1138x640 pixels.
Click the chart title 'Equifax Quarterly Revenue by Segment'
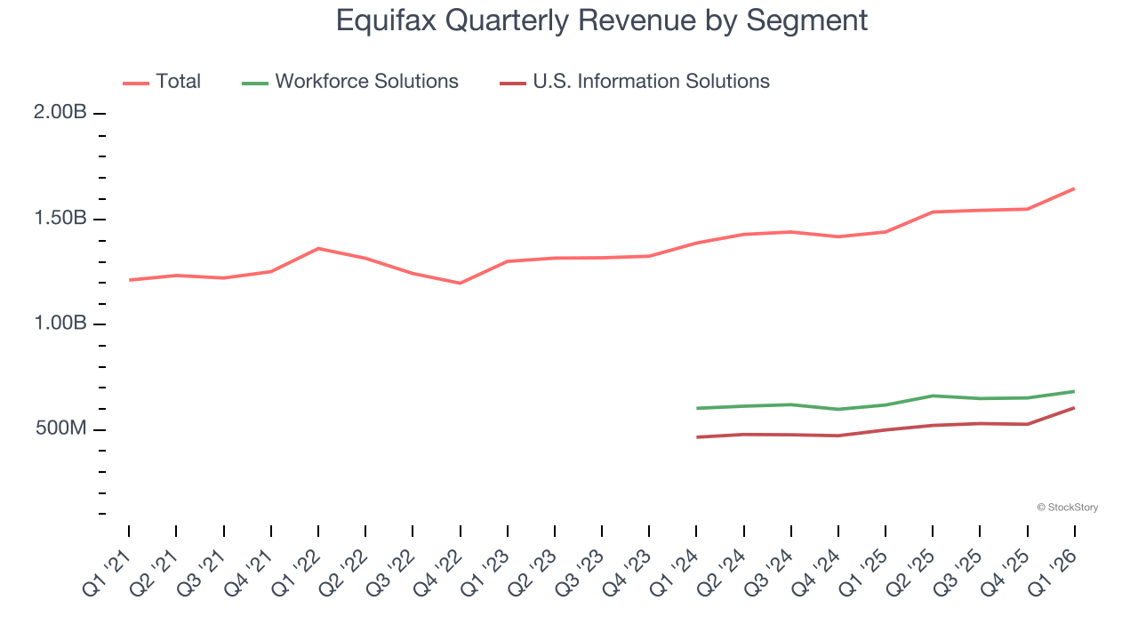601,20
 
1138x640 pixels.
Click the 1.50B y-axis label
60,219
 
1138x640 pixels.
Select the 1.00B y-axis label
60,324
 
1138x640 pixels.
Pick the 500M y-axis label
60,429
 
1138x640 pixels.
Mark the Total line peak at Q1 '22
318,248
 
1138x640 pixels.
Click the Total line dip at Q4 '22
460,283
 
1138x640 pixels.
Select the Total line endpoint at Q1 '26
1074,188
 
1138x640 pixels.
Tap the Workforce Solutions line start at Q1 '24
696,408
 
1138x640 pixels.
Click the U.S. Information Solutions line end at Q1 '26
1074,408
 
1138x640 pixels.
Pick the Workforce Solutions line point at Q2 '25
933,396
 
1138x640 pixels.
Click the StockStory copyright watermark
1067,508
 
